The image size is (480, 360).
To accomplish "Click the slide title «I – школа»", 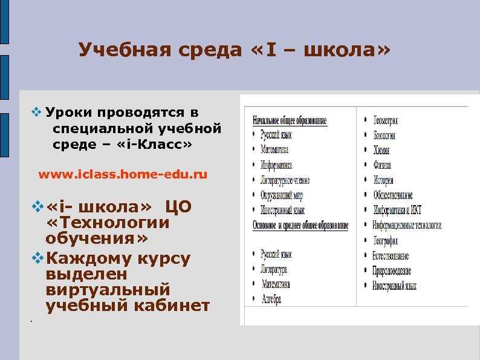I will (235, 50).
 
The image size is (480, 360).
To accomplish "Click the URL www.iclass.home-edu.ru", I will (123, 175).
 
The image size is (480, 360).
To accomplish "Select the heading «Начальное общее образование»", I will (290, 120).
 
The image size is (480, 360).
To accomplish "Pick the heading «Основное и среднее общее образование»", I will (300, 226).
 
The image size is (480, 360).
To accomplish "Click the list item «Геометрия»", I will (389, 120).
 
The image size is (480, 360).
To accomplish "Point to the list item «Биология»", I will (384, 136).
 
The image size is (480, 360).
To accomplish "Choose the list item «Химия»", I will (383, 150).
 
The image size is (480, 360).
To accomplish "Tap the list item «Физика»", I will (383, 165).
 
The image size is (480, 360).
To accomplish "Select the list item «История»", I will (384, 180).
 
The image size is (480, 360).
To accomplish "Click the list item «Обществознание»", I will (393, 195).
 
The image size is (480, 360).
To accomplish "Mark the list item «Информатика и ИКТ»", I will (397, 210).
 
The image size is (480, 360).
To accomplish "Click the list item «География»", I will (386, 240).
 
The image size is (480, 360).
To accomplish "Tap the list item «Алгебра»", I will (271, 299).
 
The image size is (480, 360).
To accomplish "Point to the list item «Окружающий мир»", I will (282, 195).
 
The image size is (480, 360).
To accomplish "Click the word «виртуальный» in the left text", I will (107, 289).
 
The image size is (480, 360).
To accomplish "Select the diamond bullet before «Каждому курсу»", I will (36, 259).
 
